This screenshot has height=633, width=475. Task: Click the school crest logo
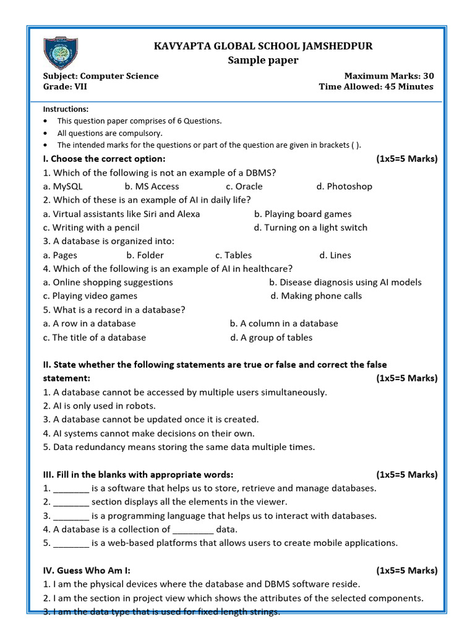[x=61, y=53]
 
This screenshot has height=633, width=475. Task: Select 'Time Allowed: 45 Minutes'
[x=375, y=87]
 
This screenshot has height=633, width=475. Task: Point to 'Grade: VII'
[x=65, y=87]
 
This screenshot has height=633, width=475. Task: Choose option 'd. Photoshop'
[x=344, y=186]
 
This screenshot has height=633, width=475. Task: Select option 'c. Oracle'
[x=244, y=186]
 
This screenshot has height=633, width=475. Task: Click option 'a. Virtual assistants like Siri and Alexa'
[x=122, y=214]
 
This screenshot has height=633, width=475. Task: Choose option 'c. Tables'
[x=233, y=255]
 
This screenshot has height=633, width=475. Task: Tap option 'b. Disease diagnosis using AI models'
[x=345, y=282]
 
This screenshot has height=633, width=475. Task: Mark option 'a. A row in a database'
[x=90, y=323]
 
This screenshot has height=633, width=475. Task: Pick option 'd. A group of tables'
[x=271, y=338]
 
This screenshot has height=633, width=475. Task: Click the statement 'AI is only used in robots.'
[x=104, y=406]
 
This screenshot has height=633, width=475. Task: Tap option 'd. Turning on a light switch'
[x=310, y=227]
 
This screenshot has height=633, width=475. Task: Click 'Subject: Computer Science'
[x=101, y=76]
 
